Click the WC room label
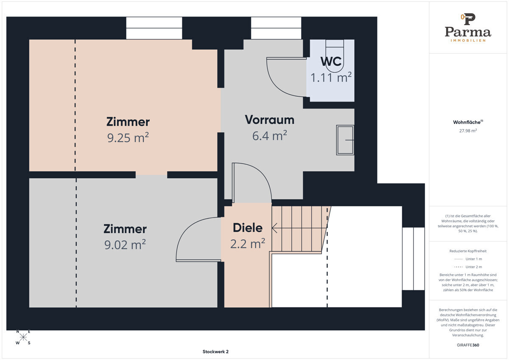(331, 61)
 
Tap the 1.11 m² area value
(331, 77)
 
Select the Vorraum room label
(269, 120)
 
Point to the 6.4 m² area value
(269, 135)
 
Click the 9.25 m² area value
(128, 138)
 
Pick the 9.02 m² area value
(125, 245)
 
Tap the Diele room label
(248, 228)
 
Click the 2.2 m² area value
(248, 244)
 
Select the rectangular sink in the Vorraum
(345, 140)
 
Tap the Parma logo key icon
(468, 19)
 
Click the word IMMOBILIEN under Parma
(468, 40)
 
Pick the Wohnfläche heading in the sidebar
(468, 122)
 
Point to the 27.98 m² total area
(468, 130)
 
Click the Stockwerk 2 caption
(215, 352)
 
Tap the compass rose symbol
(23, 337)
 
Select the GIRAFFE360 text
(468, 345)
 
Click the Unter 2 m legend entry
(468, 267)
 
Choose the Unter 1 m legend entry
(468, 259)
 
